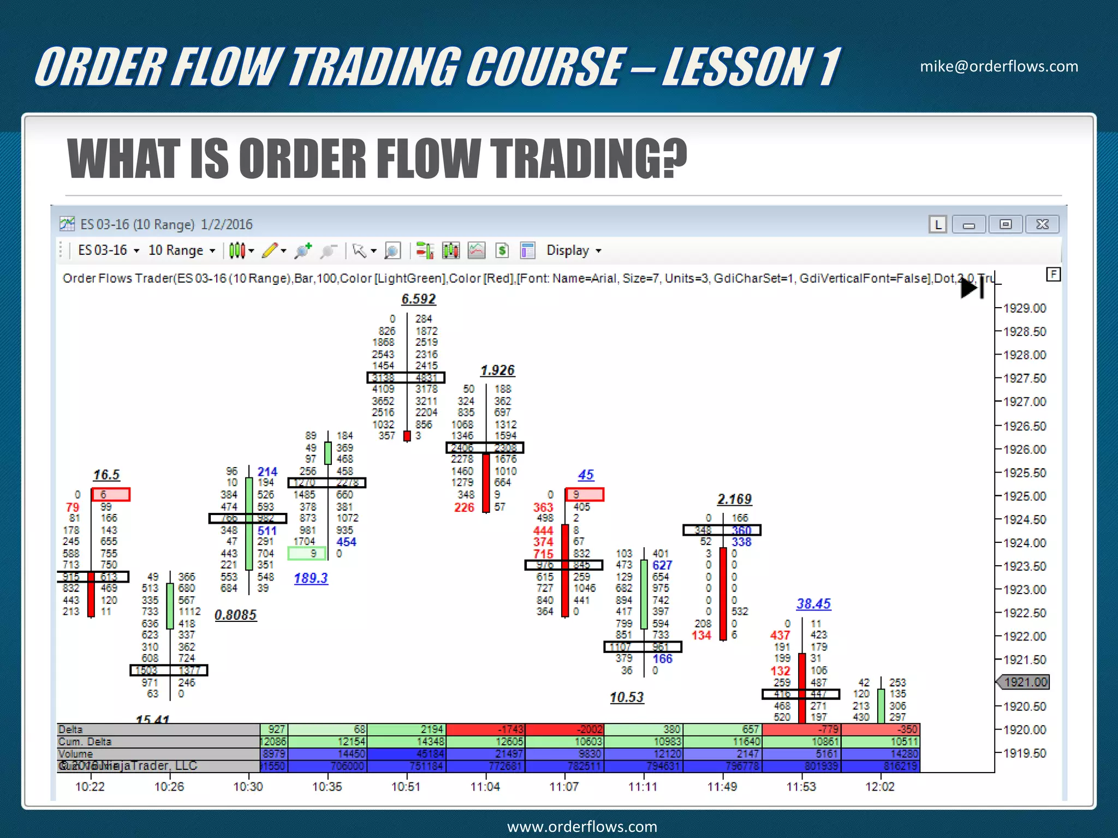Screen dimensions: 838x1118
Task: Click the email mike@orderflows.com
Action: point(999,67)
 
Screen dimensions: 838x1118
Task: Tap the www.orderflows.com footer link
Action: point(582,827)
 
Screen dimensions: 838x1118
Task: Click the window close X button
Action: point(1042,224)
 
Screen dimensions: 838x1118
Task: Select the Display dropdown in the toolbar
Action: point(573,250)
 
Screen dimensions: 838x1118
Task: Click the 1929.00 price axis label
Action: point(1025,308)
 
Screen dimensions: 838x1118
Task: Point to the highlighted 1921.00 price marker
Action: point(1025,682)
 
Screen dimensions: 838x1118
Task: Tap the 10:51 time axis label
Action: point(406,787)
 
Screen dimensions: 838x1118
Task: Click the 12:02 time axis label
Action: point(880,787)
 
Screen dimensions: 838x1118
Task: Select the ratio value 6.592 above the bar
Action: point(419,299)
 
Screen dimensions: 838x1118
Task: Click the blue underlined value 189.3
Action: point(311,578)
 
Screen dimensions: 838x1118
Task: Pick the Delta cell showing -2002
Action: point(565,729)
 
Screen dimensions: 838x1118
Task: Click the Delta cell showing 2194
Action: point(407,729)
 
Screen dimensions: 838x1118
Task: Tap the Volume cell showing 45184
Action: point(407,753)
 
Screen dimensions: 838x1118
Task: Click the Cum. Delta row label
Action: point(85,741)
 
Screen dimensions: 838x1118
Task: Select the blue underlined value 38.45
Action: point(813,604)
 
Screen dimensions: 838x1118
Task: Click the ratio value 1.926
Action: point(497,370)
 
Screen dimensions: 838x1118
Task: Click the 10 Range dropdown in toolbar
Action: point(182,250)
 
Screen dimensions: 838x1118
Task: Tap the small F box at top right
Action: point(1053,274)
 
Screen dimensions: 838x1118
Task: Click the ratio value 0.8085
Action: point(235,615)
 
